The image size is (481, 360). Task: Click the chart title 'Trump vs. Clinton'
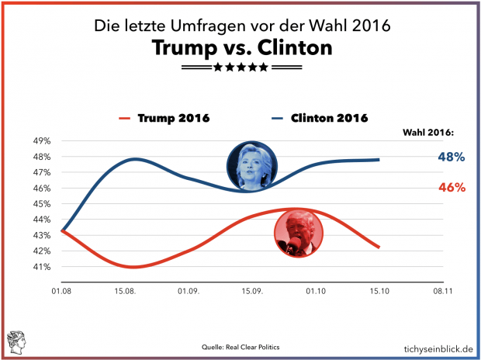(242, 49)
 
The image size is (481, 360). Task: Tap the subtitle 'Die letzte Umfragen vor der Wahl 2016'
(241, 26)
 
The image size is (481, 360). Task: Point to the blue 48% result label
(451, 157)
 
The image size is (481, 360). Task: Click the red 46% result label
(451, 188)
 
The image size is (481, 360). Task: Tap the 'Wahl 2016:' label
(432, 132)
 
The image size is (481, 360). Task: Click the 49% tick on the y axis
(40, 141)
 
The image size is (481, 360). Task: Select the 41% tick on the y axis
(40, 267)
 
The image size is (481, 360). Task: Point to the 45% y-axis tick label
(40, 204)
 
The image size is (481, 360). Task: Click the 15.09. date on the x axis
(253, 291)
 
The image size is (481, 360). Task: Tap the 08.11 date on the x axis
(443, 291)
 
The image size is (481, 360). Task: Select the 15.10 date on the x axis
(379, 291)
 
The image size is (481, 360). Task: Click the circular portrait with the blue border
(252, 165)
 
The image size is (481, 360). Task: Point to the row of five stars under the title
(241, 68)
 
